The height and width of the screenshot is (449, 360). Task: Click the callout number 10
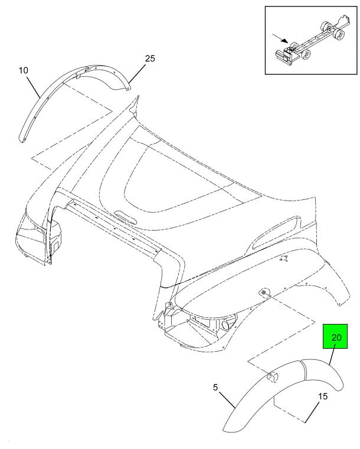tap(24, 70)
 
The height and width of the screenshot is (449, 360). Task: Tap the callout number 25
tap(150, 58)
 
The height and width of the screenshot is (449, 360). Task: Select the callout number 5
tap(215, 388)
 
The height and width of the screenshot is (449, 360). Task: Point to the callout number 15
tap(323, 396)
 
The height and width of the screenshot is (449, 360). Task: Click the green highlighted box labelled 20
tap(335, 336)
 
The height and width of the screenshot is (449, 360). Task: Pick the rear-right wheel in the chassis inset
tap(341, 35)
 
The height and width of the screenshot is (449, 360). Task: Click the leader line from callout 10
tap(33, 87)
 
